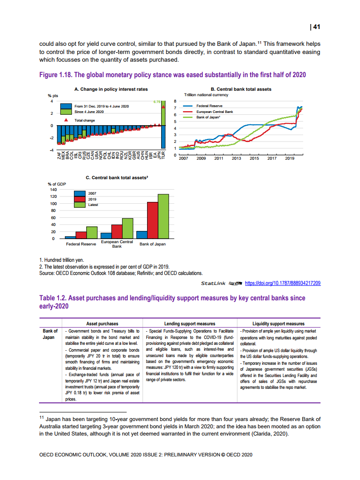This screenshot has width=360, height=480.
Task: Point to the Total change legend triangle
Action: coord(66,120)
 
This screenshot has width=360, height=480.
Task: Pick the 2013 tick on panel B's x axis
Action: coord(236,158)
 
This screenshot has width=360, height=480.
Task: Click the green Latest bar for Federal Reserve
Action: coord(92,232)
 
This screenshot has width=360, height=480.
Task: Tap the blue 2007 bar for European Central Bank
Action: coord(106,235)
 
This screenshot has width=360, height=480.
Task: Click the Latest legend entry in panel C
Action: coord(93,205)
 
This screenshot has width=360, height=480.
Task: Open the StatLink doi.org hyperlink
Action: coord(283,284)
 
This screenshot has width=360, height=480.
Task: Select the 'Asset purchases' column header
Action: coord(102,323)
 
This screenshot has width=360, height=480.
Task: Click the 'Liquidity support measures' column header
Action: coord(279,323)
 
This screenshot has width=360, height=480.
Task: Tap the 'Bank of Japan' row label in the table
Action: coord(50,334)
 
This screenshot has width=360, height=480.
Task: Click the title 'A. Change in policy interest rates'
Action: coord(104,89)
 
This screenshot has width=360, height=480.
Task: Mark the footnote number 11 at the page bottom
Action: coord(41,416)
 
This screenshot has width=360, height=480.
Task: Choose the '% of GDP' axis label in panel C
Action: coord(57,184)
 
